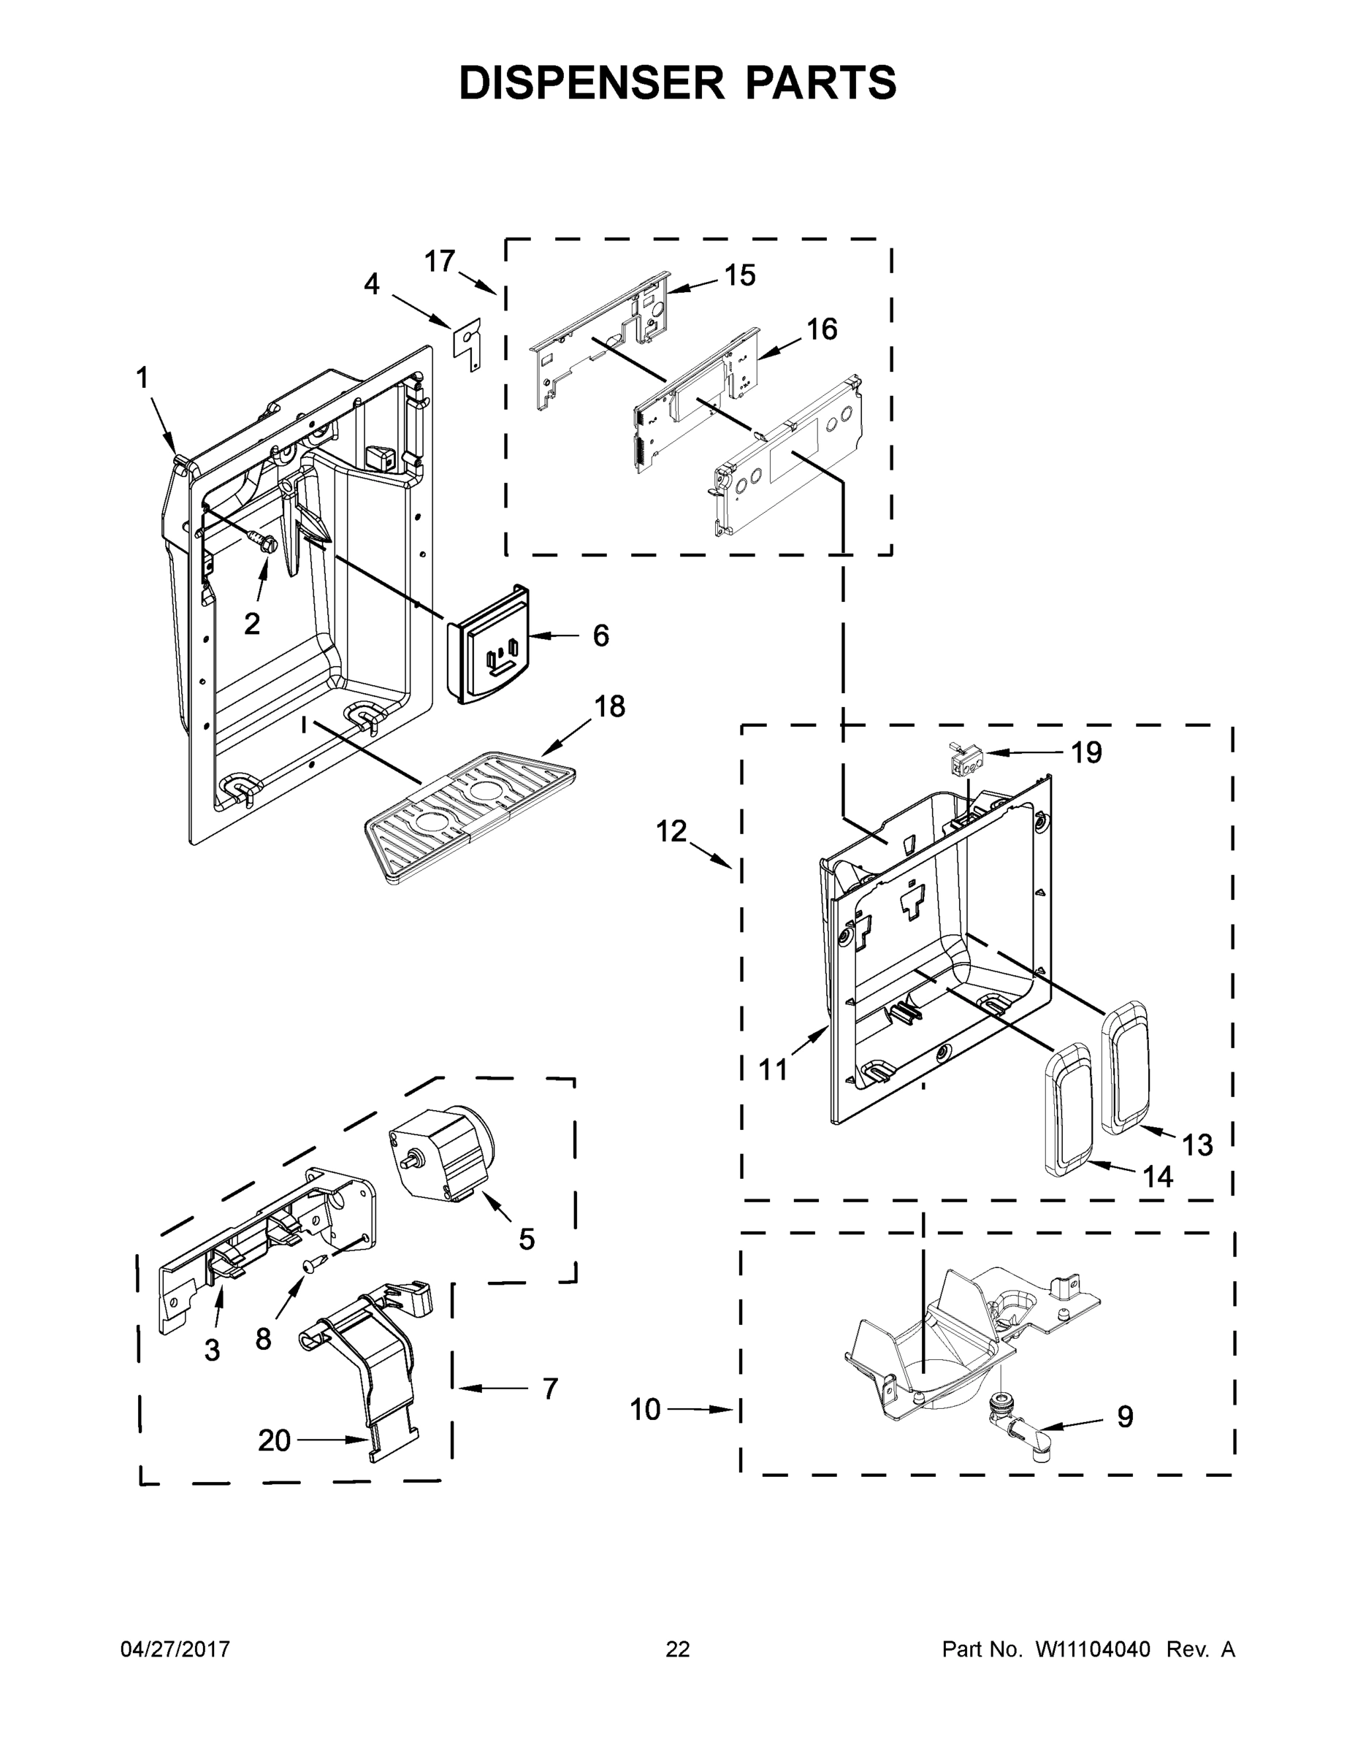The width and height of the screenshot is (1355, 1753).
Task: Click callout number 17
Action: [439, 261]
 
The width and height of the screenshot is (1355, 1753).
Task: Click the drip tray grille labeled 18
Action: [470, 817]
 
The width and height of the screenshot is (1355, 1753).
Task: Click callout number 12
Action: [671, 831]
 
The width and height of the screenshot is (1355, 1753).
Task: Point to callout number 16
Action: [821, 329]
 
